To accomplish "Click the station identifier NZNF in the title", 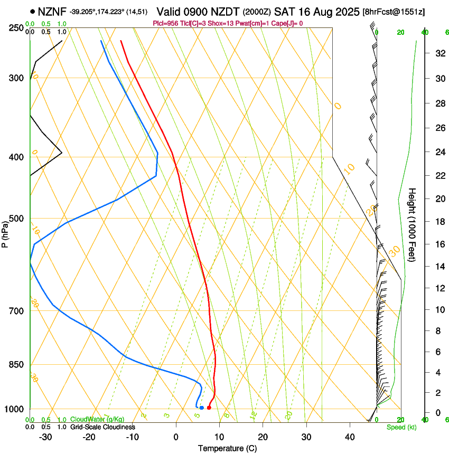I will [52, 11].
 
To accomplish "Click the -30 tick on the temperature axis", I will [45, 437].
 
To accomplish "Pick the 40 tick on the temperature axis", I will [350, 437].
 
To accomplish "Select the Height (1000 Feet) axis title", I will [413, 225].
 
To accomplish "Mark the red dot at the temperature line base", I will [209, 408].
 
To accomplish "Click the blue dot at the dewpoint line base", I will [202, 408].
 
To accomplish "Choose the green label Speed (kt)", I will [401, 427].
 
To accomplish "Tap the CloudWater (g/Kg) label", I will [97, 420].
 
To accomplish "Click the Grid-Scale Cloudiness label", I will [102, 427].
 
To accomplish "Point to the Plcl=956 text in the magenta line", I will [166, 23].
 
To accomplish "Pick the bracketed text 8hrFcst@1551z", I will [394, 12].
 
